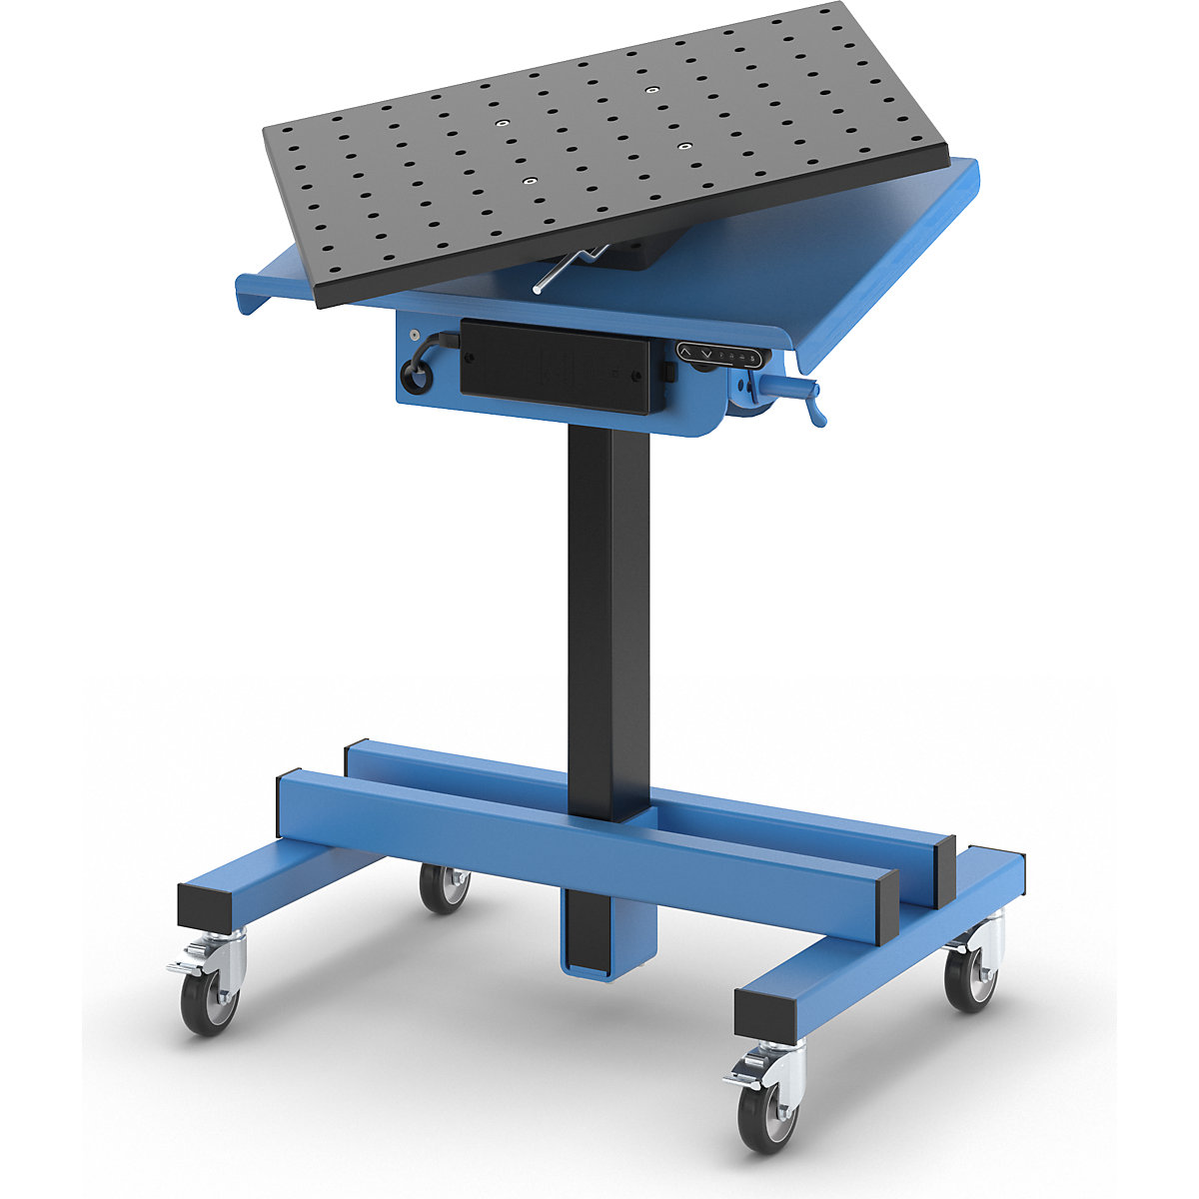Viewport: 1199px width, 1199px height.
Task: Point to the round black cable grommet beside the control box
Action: (413, 377)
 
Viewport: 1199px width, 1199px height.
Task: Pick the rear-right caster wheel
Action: (970, 975)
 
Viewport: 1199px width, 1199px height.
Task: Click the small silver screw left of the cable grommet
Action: (414, 337)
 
